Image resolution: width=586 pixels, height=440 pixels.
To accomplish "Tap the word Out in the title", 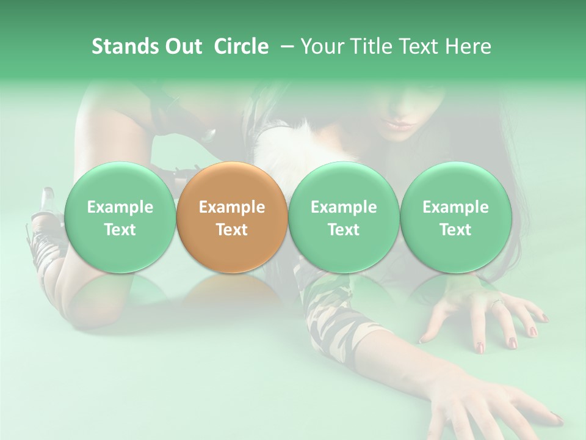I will (182, 46).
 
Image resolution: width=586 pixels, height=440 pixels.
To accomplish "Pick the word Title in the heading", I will (372, 46).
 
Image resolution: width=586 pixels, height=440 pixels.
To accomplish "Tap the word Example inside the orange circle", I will (231, 207).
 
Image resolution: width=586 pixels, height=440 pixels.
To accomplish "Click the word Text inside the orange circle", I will (231, 230).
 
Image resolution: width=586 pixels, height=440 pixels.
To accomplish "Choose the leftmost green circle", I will (120, 218).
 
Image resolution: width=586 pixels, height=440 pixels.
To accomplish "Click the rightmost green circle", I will (455, 218).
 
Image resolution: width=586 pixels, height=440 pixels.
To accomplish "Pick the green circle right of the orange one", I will (343, 218).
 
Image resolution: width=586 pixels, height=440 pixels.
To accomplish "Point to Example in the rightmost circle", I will (455, 207).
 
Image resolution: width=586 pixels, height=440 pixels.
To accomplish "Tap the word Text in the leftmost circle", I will (120, 230).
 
